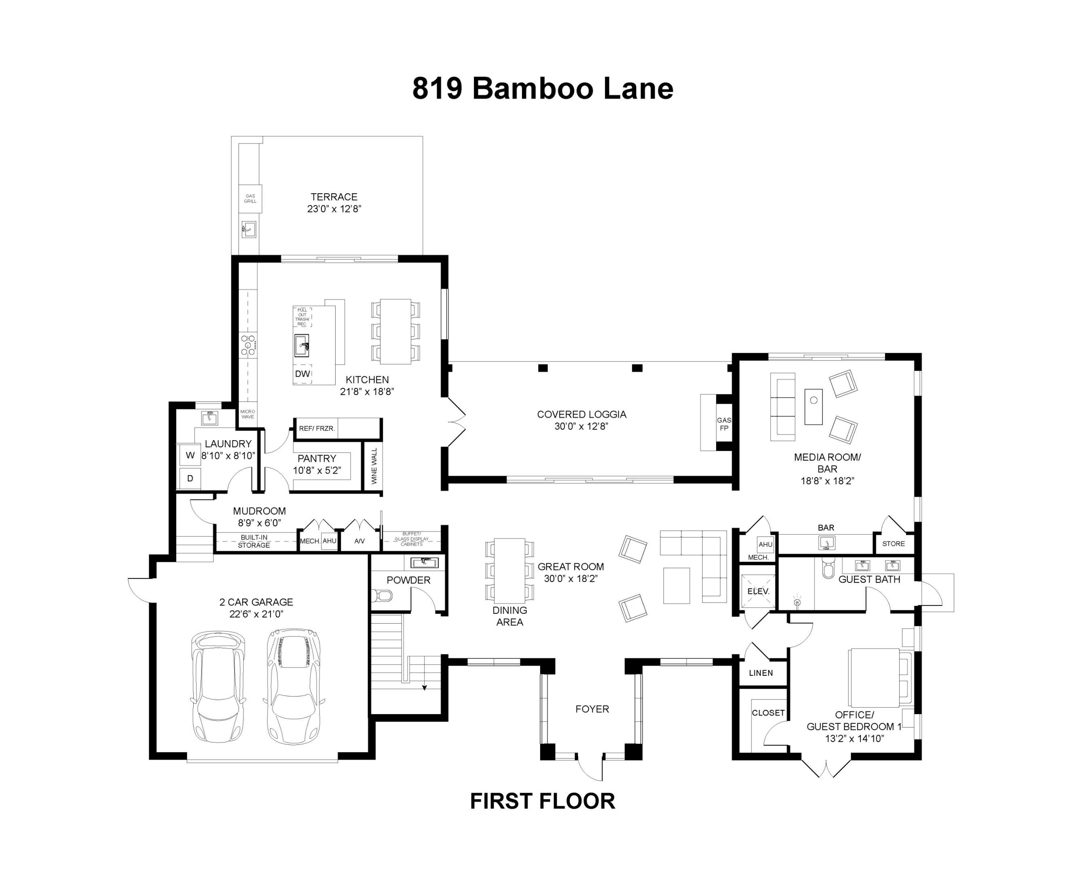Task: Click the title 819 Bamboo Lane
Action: click(543, 89)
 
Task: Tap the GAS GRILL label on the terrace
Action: click(250, 198)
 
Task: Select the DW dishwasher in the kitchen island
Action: click(302, 373)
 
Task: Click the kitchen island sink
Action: click(302, 346)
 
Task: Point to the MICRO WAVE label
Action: click(247, 414)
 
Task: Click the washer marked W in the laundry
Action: click(190, 455)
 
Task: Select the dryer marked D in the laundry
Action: click(190, 478)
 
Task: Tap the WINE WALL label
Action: click(374, 466)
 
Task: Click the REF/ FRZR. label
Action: click(316, 428)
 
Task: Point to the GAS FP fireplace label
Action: click(724, 424)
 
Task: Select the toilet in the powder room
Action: click(383, 596)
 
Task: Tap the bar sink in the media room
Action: click(826, 543)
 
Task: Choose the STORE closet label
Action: click(893, 544)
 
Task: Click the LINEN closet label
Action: click(761, 673)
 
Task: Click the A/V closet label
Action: click(359, 541)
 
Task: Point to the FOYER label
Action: click(592, 709)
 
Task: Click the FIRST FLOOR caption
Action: click(543, 801)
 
